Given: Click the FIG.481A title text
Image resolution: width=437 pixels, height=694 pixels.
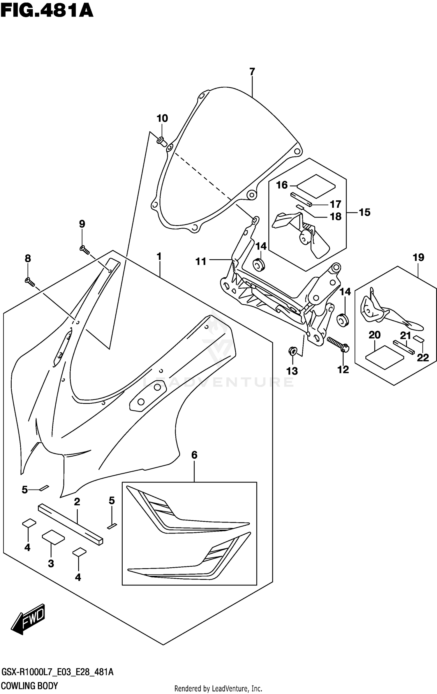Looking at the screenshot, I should click(x=47, y=11).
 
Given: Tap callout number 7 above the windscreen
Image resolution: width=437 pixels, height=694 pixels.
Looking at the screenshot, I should click(x=252, y=71).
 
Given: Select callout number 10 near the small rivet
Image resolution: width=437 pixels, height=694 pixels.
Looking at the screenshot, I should click(x=162, y=118).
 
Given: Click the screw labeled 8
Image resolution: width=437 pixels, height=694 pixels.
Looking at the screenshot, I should click(x=30, y=282).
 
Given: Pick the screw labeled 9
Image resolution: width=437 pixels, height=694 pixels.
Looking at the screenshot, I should click(x=84, y=249).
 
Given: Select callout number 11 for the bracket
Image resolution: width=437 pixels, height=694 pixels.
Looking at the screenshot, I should click(x=201, y=261).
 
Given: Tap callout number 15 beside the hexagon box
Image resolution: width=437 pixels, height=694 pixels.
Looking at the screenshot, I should click(x=364, y=212).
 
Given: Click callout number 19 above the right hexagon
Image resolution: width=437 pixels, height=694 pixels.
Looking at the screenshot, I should click(x=418, y=257).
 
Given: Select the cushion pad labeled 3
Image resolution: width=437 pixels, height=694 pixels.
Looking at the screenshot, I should click(x=53, y=537).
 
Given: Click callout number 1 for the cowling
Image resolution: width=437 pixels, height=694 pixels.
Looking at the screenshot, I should click(x=159, y=257).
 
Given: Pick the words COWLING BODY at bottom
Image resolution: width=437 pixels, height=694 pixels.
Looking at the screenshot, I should click(x=29, y=686).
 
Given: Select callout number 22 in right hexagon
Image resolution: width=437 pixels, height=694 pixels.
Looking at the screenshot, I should click(x=423, y=358).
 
